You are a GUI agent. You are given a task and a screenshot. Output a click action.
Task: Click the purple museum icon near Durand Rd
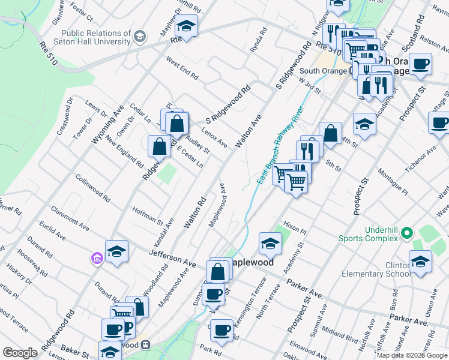coord(96,259)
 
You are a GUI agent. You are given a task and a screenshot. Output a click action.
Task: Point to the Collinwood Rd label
coord(93,187)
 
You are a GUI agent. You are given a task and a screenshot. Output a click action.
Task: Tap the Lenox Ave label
coord(214,139)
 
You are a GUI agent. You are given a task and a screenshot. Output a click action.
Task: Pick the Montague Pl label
coord(393,182)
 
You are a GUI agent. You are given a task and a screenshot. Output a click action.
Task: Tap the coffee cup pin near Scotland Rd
coord(421,64)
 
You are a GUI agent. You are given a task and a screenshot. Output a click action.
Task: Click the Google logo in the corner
coord(20,353)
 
